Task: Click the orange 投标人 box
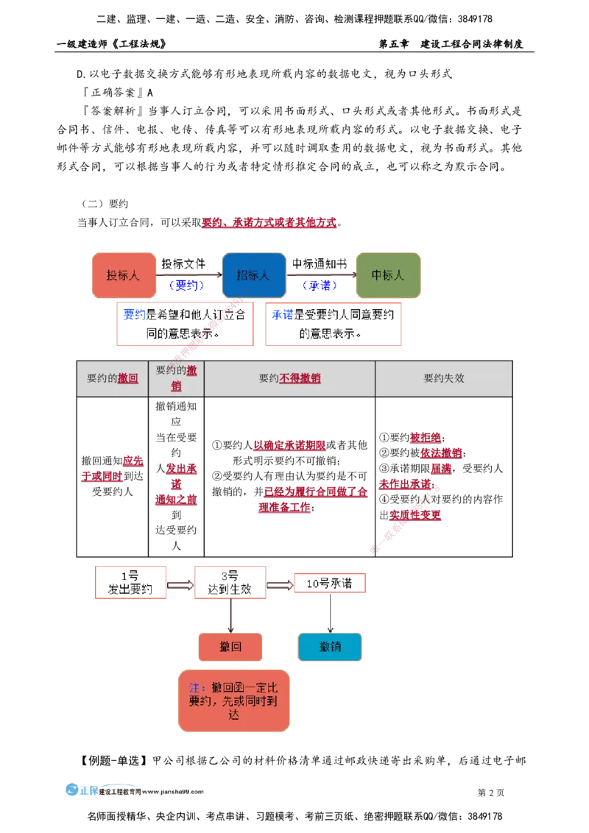[x=124, y=276]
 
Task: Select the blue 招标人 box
[x=254, y=276]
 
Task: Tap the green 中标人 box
[x=388, y=276]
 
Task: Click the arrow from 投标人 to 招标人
[x=189, y=275]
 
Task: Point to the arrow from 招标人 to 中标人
[x=321, y=275]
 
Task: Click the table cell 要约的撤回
[x=112, y=378]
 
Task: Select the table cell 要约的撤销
[x=176, y=378]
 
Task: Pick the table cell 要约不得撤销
[x=289, y=378]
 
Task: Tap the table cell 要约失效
[x=443, y=378]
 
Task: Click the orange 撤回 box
[x=230, y=648]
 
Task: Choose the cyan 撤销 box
[x=330, y=648]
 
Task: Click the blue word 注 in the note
[x=195, y=687]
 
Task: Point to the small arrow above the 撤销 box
[x=331, y=628]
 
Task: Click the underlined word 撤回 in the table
[x=128, y=378]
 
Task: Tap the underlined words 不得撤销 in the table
[x=300, y=378]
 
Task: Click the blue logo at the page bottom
[x=81, y=791]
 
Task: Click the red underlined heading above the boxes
[x=269, y=221]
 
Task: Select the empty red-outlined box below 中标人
[x=334, y=324]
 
